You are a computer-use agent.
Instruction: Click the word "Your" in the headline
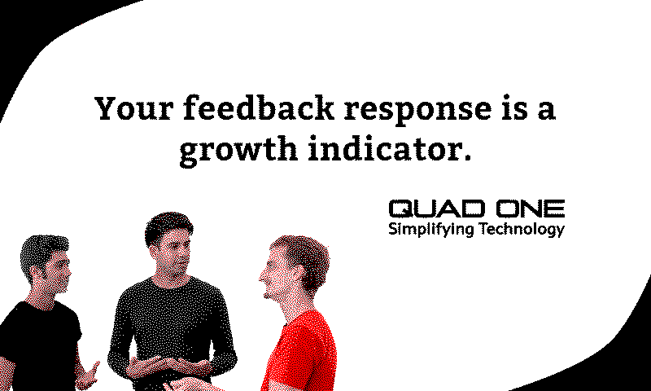(133, 108)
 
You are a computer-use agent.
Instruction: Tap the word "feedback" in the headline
(259, 108)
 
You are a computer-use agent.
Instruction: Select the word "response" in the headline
(418, 111)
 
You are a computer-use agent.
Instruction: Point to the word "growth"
(238, 150)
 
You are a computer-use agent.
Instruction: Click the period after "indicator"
(467, 157)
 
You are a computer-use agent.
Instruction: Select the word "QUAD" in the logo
(437, 209)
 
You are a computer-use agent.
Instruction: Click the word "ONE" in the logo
(531, 209)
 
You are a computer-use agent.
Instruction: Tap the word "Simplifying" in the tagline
(430, 230)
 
